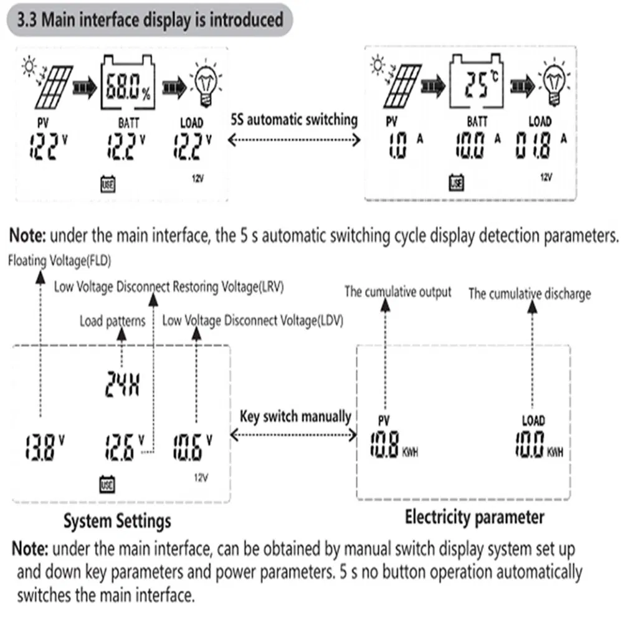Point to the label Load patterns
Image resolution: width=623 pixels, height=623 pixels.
click(x=112, y=321)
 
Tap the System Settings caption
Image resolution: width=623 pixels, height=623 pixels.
click(x=117, y=521)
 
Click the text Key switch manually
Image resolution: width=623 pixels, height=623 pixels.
click(x=296, y=416)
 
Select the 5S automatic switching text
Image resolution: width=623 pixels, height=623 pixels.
click(x=294, y=119)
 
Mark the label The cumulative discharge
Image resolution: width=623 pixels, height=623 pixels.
click(x=530, y=293)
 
